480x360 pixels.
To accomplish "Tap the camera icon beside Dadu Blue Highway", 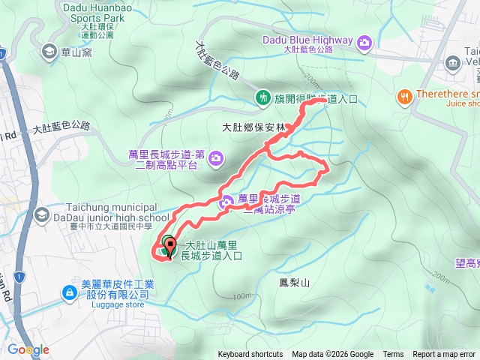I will point(365,40).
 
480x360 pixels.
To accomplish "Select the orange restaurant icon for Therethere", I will point(405,96).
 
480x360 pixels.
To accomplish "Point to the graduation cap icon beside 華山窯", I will point(49,52).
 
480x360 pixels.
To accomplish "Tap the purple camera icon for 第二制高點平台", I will point(216,158).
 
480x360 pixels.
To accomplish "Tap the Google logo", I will point(28,349).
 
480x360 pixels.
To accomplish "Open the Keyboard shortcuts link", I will point(250,355).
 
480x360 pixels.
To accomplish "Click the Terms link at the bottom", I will point(393,355).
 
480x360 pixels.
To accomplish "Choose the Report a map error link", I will point(445,355).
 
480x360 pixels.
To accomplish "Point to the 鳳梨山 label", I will point(294,283).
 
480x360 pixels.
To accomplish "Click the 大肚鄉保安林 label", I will point(254,128).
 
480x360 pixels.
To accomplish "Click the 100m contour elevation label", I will point(241,295).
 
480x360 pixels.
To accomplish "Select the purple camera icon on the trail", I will point(226,202).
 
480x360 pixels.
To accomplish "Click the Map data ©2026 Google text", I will point(333,355).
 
